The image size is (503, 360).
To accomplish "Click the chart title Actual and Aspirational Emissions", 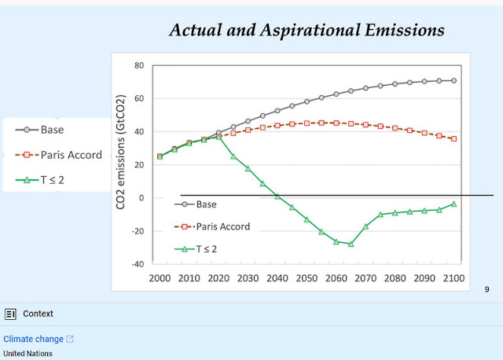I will click(x=307, y=30).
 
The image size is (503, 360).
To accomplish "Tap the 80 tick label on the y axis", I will click(x=139, y=65).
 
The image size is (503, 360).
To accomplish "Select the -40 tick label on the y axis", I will click(x=137, y=264).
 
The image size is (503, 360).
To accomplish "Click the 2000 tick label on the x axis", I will click(x=160, y=278).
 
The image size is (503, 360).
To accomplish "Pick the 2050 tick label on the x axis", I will click(x=307, y=278).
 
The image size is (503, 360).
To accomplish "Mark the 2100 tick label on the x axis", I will click(x=453, y=278).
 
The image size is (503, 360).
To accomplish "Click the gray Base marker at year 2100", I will click(x=453, y=80).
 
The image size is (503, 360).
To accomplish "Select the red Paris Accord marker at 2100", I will click(x=453, y=138).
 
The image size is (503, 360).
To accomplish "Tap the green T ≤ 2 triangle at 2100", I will click(x=453, y=204).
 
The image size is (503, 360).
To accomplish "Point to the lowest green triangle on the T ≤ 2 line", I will click(x=351, y=244).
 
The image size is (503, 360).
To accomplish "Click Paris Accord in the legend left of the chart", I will click(x=72, y=155).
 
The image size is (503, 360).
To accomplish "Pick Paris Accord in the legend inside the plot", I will click(x=223, y=227).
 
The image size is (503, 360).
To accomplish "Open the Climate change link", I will click(x=33, y=339).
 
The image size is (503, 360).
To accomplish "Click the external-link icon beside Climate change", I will click(x=70, y=339).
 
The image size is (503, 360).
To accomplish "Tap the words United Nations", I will click(x=28, y=354).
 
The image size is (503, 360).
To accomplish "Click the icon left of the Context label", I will click(x=10, y=314).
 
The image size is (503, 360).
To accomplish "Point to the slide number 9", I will click(x=487, y=290).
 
